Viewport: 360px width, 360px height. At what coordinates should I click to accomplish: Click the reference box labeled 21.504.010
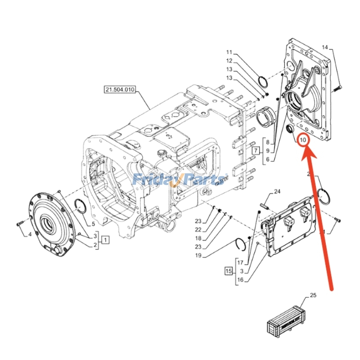click(x=120, y=90)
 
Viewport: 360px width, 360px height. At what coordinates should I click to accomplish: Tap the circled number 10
click(x=303, y=140)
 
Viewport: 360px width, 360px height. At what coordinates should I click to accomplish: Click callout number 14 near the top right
click(x=325, y=47)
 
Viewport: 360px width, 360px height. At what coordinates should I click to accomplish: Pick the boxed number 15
click(x=229, y=271)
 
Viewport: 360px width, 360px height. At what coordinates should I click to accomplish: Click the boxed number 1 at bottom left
click(x=104, y=240)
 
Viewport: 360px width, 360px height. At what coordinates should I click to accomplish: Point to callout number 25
click(x=313, y=296)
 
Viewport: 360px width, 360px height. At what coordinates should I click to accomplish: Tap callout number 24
click(x=277, y=192)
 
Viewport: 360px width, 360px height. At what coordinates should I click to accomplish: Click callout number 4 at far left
click(x=30, y=234)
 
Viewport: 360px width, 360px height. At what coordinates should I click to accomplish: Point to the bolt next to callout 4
click(x=19, y=224)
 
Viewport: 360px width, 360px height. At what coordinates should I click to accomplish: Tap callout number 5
click(x=93, y=224)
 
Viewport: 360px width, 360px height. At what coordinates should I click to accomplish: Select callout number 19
click(x=198, y=256)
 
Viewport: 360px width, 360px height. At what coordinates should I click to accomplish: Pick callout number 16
click(x=240, y=279)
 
